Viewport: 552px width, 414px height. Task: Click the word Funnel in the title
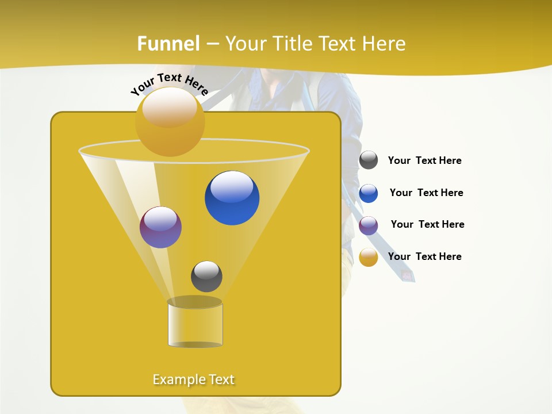coord(168,44)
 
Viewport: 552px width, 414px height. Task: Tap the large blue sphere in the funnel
coord(232,198)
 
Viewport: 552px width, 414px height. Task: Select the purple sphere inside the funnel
coord(160,227)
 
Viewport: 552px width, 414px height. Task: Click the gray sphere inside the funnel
coord(206,277)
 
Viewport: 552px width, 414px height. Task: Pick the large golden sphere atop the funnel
coord(170,122)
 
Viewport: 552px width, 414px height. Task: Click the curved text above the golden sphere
coord(169,83)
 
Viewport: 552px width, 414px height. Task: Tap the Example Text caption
coord(193,379)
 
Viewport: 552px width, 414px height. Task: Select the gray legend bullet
coord(369,160)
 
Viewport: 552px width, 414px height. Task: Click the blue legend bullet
coord(369,193)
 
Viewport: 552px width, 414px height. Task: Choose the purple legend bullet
coord(369,225)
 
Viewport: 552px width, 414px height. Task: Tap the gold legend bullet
coord(369,258)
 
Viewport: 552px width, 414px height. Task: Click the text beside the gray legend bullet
coord(424,160)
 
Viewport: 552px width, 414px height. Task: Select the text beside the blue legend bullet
coord(426,193)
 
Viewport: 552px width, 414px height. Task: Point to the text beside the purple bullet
coord(427,224)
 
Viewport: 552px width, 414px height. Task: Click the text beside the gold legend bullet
coord(424,256)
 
